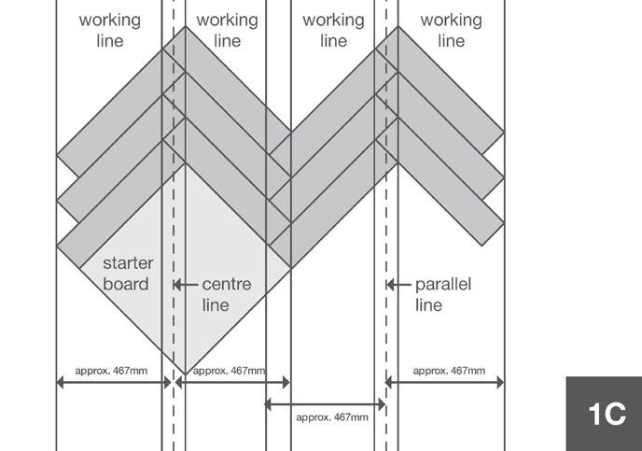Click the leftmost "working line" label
110,30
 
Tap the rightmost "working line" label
451,30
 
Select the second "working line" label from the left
228,30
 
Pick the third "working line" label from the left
333,30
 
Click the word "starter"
127,264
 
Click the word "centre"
227,284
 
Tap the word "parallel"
443,284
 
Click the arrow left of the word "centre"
187,284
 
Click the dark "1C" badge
605,414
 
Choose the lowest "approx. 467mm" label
331,417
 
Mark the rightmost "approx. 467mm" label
449,371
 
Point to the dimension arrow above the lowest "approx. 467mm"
325,404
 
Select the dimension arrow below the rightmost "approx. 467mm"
445,382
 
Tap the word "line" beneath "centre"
216,304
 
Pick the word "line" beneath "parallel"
429,304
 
